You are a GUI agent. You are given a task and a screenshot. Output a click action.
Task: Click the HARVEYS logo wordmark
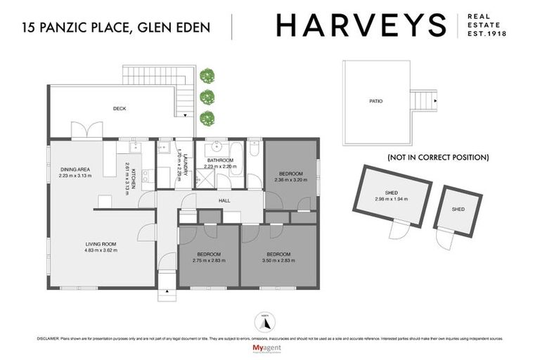tap(361, 25)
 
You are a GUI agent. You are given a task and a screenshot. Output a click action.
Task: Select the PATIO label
tap(376, 101)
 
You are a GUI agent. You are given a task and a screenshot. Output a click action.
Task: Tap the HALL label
tap(224, 200)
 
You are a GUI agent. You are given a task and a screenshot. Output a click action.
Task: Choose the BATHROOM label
tap(220, 161)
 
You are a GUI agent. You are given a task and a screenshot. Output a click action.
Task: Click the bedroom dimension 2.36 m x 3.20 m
tap(290, 180)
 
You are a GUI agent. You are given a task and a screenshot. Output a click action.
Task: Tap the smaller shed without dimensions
tap(458, 210)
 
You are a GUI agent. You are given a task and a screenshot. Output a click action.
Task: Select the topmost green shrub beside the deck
tap(206, 75)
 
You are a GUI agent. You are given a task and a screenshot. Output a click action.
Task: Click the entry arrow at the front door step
tap(167, 290)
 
